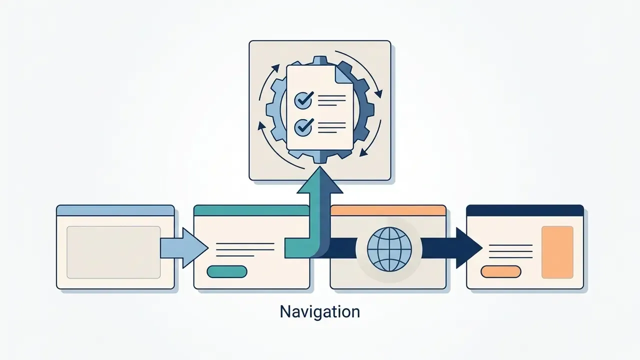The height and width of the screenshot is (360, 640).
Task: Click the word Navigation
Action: point(319,311)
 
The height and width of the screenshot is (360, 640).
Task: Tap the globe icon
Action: point(389,249)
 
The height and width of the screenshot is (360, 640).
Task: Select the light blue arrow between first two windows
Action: point(184,247)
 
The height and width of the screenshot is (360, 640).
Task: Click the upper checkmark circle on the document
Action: point(303,100)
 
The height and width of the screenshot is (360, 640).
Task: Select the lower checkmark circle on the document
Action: point(303,127)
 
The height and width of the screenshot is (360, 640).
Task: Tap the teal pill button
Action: point(227,271)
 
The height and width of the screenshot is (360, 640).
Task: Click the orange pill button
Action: point(501,271)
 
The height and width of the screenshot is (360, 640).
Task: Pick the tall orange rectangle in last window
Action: point(557,252)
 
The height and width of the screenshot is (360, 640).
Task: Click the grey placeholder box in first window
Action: point(113,252)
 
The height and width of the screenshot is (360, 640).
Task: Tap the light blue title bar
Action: point(115,210)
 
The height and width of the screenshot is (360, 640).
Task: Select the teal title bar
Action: point(251,210)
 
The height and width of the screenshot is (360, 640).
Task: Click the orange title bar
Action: point(388,210)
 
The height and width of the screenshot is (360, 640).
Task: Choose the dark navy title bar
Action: point(525,210)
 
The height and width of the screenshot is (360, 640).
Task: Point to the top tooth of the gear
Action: point(320,60)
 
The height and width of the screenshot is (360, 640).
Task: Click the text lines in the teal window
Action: point(245,249)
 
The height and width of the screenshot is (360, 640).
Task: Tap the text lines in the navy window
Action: point(511,251)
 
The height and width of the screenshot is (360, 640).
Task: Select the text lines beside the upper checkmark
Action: point(331,100)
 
